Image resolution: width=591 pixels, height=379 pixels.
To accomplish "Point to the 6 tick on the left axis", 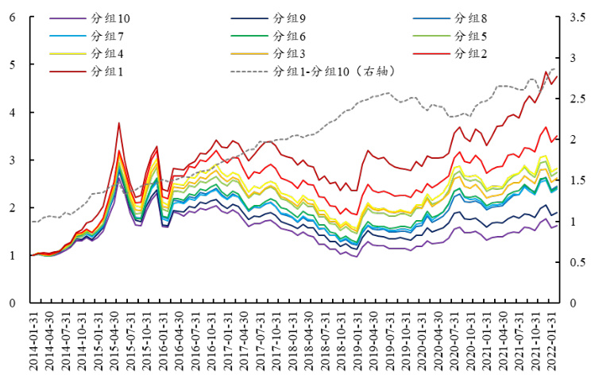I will click(11, 17).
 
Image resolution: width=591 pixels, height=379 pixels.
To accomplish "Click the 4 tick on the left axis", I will click(11, 113).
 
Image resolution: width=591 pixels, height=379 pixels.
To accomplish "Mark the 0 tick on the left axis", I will click(11, 304).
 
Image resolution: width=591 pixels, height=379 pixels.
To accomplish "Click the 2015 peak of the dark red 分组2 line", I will click(118, 123).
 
